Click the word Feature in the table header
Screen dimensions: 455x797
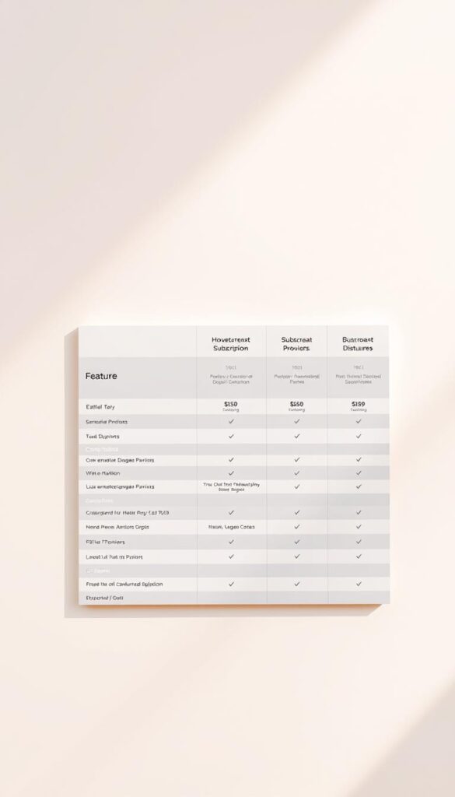(x=101, y=376)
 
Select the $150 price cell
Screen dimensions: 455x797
(x=231, y=405)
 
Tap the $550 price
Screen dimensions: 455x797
(x=296, y=405)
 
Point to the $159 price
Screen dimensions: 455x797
(x=358, y=405)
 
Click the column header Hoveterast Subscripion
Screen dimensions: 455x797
(x=231, y=344)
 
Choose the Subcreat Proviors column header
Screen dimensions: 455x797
(x=296, y=344)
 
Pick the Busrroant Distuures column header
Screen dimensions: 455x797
(x=358, y=344)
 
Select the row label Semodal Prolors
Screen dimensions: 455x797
(x=107, y=421)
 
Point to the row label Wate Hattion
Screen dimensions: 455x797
(x=103, y=472)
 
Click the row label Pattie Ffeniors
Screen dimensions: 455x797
(x=105, y=542)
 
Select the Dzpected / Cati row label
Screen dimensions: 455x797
(x=104, y=598)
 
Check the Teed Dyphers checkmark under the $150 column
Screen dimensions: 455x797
(x=231, y=437)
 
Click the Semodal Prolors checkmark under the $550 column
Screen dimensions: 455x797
(x=296, y=421)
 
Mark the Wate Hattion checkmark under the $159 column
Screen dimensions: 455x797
(x=358, y=472)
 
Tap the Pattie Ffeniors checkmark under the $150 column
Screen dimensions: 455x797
(x=231, y=542)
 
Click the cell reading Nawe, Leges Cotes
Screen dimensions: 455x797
(x=231, y=527)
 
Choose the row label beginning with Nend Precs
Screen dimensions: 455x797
(x=117, y=527)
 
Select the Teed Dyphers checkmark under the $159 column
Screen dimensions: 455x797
(x=358, y=437)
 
